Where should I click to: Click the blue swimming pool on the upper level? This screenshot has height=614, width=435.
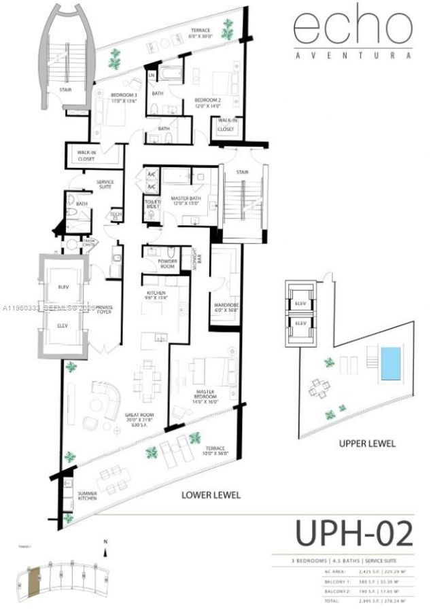[x=390, y=363]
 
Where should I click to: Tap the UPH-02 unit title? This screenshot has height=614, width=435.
[x=353, y=533]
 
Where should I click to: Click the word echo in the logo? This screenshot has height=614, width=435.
[x=352, y=29]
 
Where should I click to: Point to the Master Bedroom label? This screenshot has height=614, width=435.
[x=206, y=395]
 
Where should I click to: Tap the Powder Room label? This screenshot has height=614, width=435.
[x=167, y=264]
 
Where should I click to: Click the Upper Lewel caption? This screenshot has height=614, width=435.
[x=367, y=444]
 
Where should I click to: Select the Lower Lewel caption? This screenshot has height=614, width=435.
[x=211, y=495]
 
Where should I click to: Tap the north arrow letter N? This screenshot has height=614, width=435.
[x=105, y=541]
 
